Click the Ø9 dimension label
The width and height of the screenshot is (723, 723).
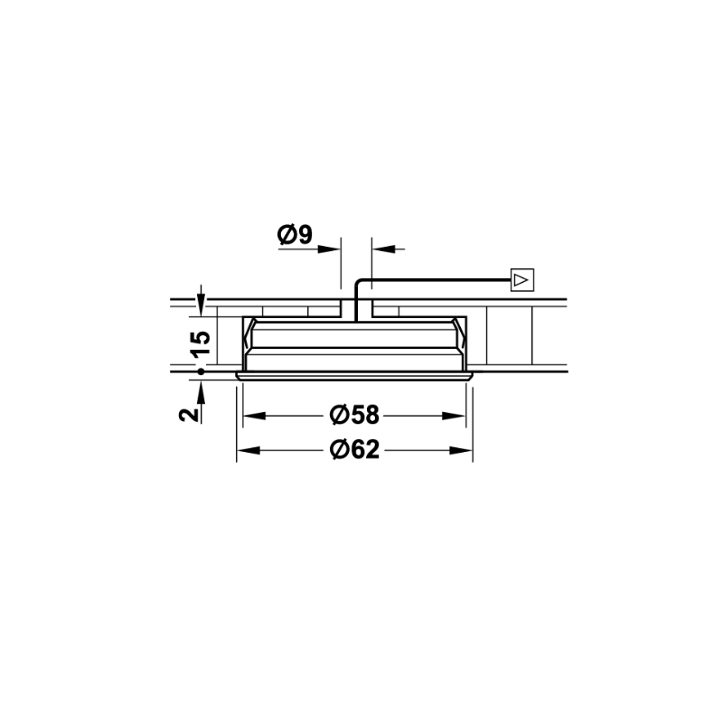[x=295, y=235]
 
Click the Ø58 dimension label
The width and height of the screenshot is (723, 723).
[x=354, y=415]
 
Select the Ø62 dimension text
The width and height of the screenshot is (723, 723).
[x=354, y=449]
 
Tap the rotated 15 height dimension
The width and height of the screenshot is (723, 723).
[x=201, y=344]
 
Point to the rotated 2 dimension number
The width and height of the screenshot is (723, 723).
[x=189, y=415]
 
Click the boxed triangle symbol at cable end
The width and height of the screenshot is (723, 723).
[x=522, y=280]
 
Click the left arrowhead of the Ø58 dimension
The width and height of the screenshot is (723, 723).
[x=254, y=416]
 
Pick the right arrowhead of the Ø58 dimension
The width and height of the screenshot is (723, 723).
[x=454, y=416]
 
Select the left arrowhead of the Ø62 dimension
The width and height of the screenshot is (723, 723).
[x=248, y=450]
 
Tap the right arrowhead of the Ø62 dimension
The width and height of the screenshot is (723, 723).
[x=461, y=450]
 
